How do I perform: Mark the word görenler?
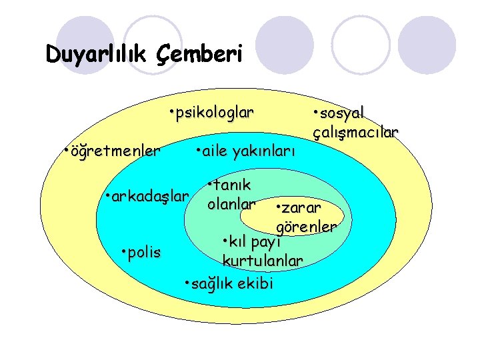coord(306,227)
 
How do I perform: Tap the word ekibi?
coord(255,283)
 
